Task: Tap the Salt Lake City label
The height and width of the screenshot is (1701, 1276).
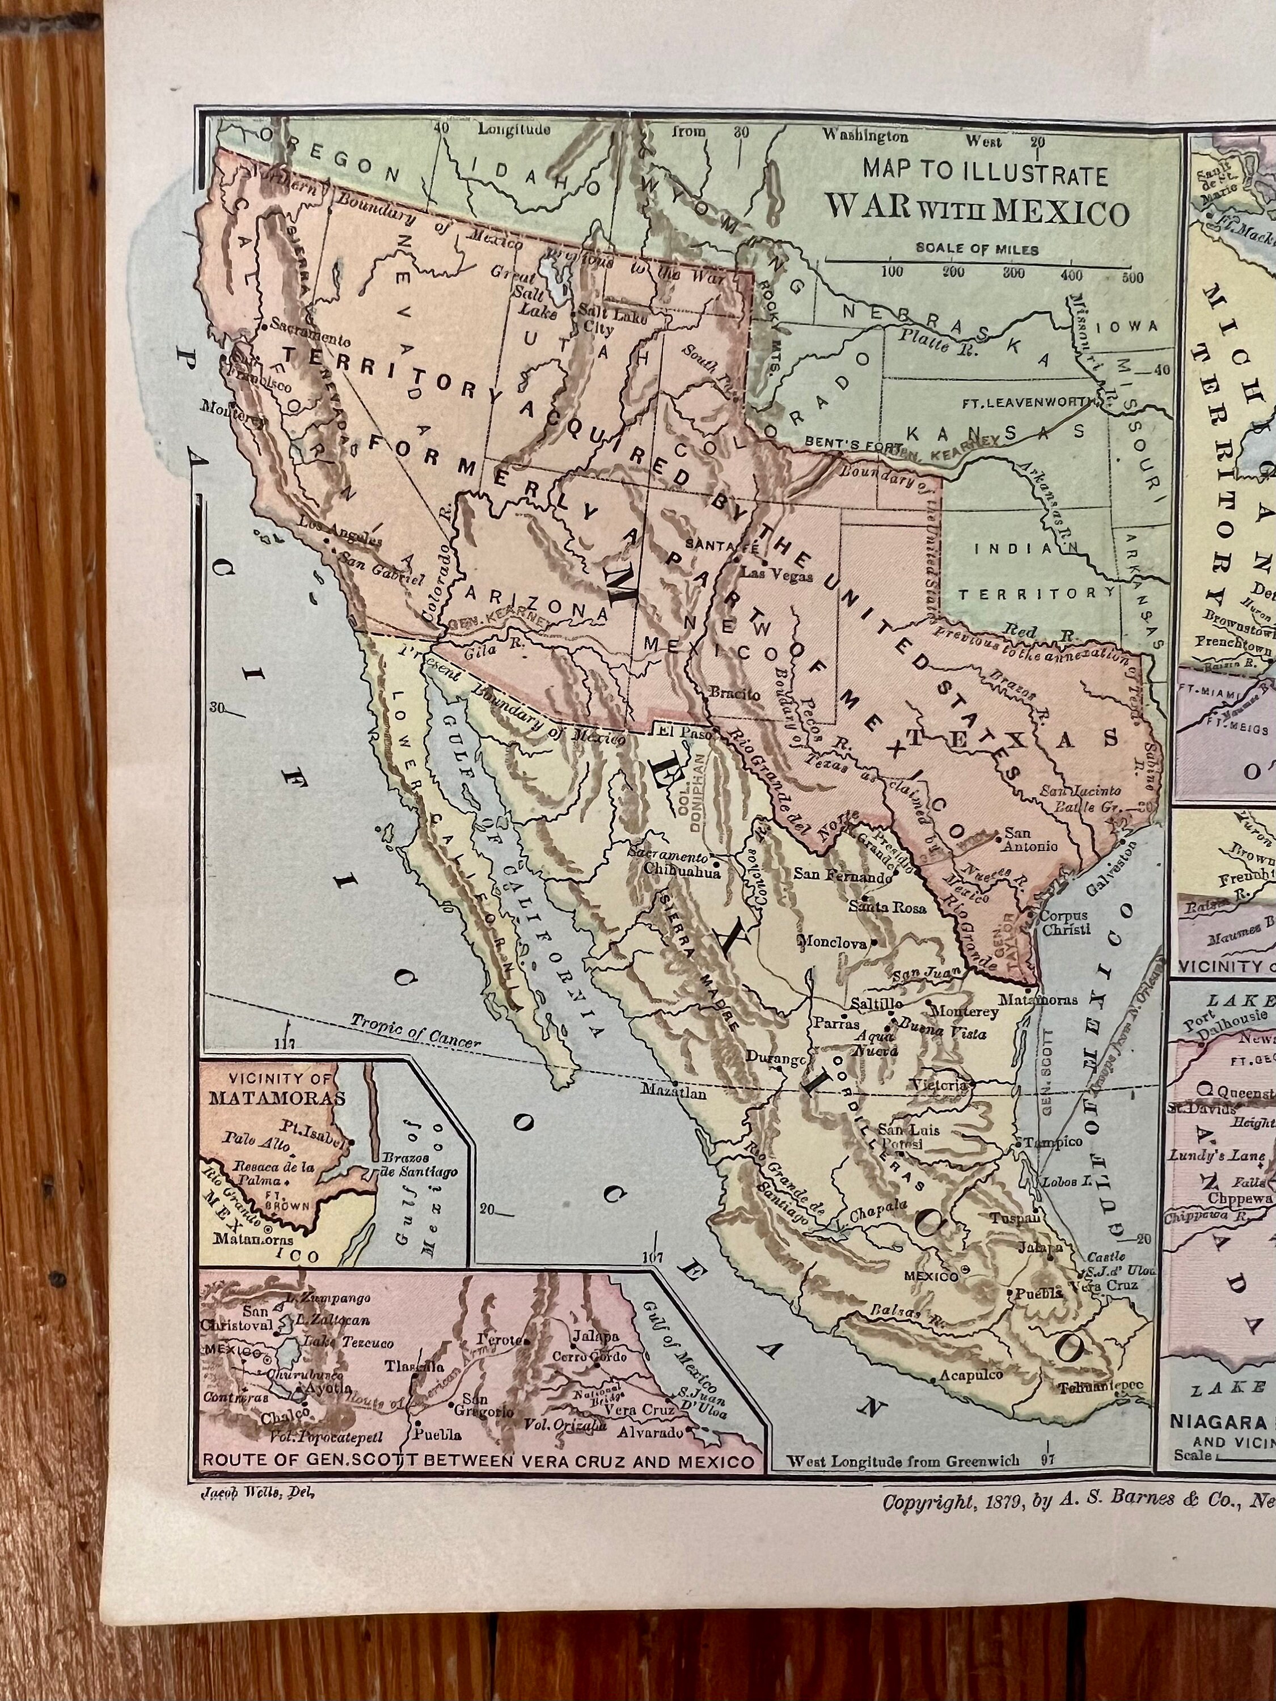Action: (605, 321)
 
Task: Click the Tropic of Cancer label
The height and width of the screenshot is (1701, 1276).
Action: (415, 1031)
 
